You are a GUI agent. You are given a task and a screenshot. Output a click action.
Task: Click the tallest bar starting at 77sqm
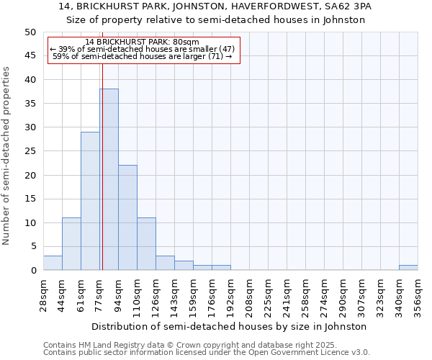pyautogui.click(x=109, y=180)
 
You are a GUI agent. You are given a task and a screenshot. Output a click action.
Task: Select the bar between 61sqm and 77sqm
pyautogui.click(x=90, y=202)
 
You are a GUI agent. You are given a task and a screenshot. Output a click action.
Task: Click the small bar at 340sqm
pyautogui.click(x=408, y=268)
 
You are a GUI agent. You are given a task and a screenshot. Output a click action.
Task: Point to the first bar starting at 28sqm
pyautogui.click(x=53, y=263)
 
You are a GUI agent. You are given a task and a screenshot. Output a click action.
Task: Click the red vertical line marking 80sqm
pyautogui.click(x=102, y=144)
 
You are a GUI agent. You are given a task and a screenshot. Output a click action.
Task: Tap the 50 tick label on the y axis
pyautogui.click(x=30, y=32)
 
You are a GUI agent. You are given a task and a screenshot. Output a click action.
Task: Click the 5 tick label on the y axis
pyautogui.click(x=33, y=246)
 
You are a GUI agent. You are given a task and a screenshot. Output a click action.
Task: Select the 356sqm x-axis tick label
pyautogui.click(x=418, y=296)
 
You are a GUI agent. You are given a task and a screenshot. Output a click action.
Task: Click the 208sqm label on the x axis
pyautogui.click(x=249, y=296)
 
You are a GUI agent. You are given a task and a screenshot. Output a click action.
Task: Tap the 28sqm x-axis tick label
pyautogui.click(x=43, y=296)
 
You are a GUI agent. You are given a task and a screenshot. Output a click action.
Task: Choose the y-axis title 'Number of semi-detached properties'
pyautogui.click(x=7, y=156)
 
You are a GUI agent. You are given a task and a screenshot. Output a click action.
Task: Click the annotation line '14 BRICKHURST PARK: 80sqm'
pyautogui.click(x=142, y=42)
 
